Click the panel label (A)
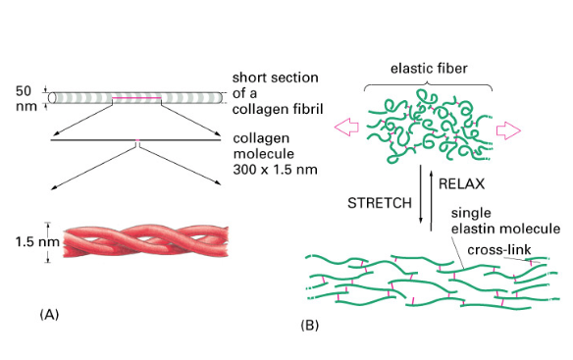(49, 314)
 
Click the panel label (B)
(309, 325)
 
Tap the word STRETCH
(380, 203)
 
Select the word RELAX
(461, 183)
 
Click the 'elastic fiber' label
(429, 69)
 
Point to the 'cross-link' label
(499, 250)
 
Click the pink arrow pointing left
(346, 128)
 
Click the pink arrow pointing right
(508, 130)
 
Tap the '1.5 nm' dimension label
(37, 241)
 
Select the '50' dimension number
(24, 91)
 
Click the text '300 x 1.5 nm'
(275, 170)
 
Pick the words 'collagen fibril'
(278, 109)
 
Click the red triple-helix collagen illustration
(146, 241)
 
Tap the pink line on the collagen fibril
(136, 98)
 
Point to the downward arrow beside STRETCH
(421, 193)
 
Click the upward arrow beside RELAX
(431, 201)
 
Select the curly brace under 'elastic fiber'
(428, 86)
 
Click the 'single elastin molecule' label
(505, 221)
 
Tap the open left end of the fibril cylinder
(52, 98)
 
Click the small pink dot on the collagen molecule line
(137, 140)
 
